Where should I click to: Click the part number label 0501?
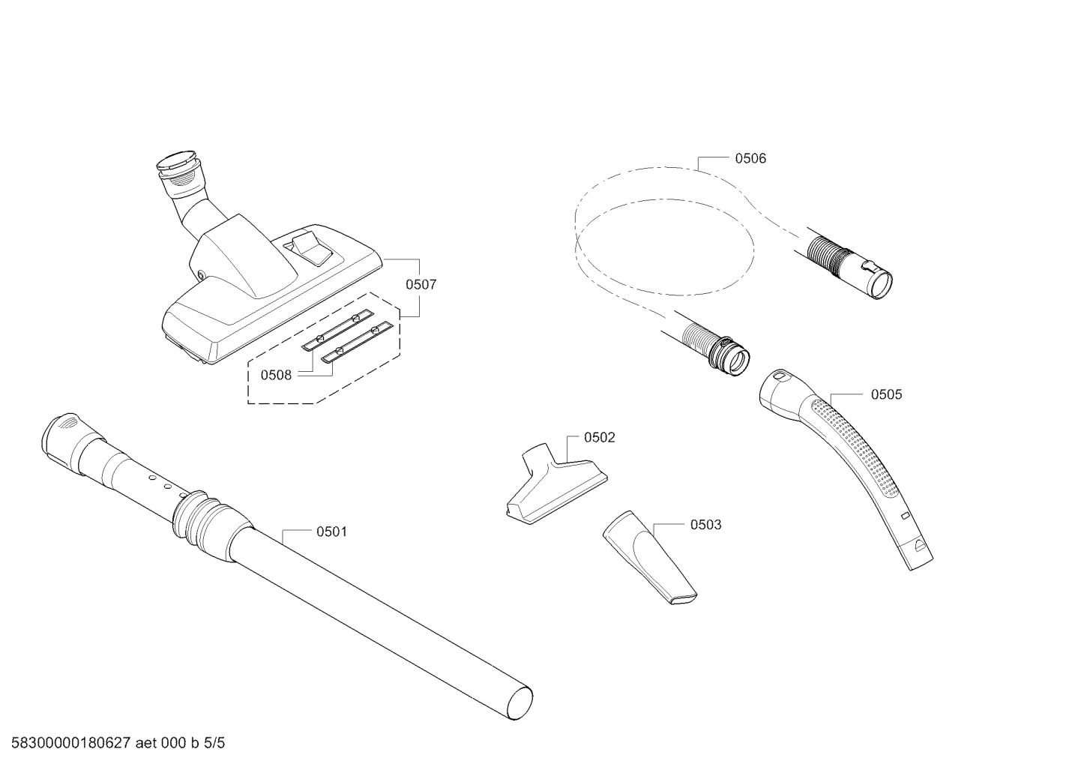[331, 532]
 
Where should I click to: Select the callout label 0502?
[600, 437]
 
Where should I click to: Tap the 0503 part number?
[705, 525]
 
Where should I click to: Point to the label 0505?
[886, 394]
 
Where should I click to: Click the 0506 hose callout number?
[750, 158]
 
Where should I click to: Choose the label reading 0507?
[421, 285]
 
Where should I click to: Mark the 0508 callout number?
[276, 375]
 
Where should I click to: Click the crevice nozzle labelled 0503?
[649, 557]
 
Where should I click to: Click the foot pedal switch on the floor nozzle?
[313, 248]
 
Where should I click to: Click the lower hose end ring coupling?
[729, 357]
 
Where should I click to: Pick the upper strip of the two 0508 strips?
[338, 329]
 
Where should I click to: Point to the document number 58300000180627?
[71, 743]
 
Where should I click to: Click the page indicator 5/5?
[214, 743]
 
